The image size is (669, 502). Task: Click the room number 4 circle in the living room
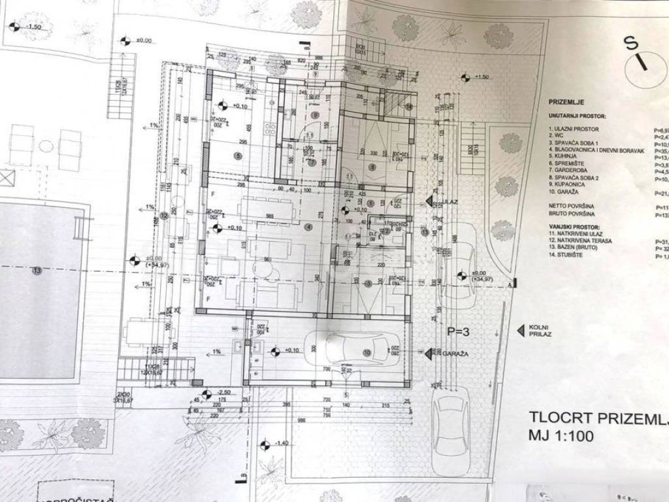coord(308,227)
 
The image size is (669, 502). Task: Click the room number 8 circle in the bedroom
coord(372,167)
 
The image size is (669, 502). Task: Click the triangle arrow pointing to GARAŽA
coord(429,353)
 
